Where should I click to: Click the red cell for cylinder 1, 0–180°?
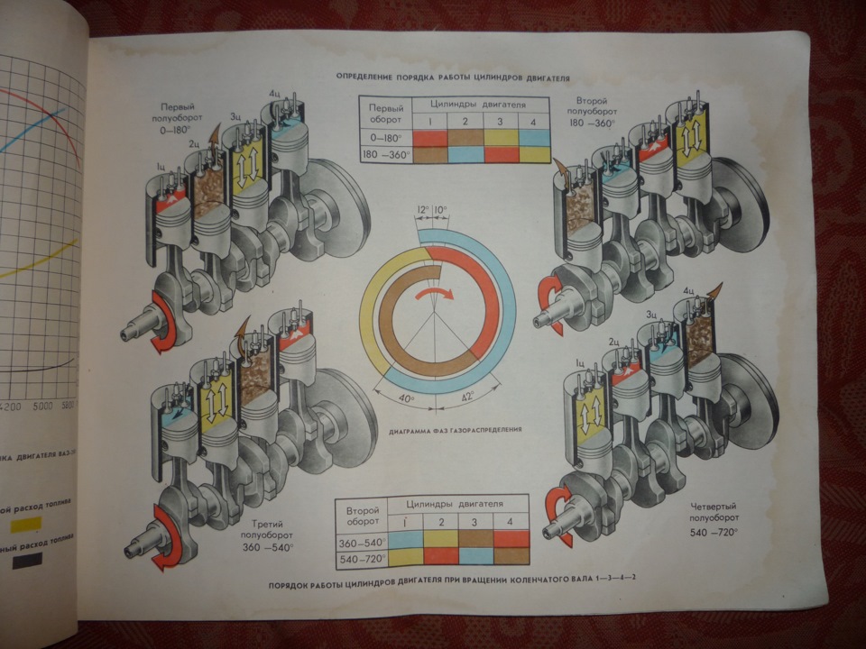[430, 138]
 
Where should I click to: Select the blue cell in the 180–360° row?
[465, 155]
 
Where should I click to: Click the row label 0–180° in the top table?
[385, 138]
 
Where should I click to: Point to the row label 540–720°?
[361, 559]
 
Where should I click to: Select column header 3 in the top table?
[500, 121]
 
